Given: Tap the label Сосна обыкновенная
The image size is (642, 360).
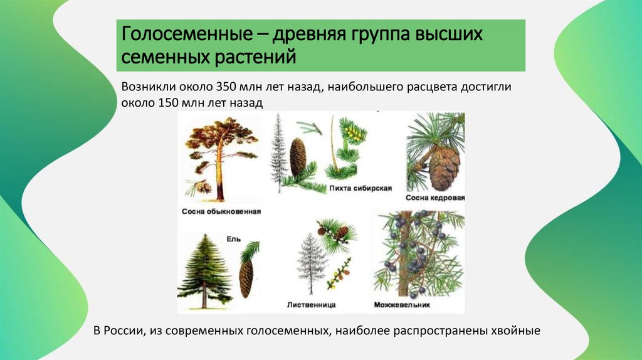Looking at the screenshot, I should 220,212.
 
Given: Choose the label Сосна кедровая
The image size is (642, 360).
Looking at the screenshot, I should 435,198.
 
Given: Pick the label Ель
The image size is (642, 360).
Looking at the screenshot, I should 233,239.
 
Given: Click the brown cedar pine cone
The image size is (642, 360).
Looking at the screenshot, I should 444,166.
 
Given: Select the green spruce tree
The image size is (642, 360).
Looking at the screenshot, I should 206,270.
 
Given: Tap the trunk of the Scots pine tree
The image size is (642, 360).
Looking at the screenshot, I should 220,176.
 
